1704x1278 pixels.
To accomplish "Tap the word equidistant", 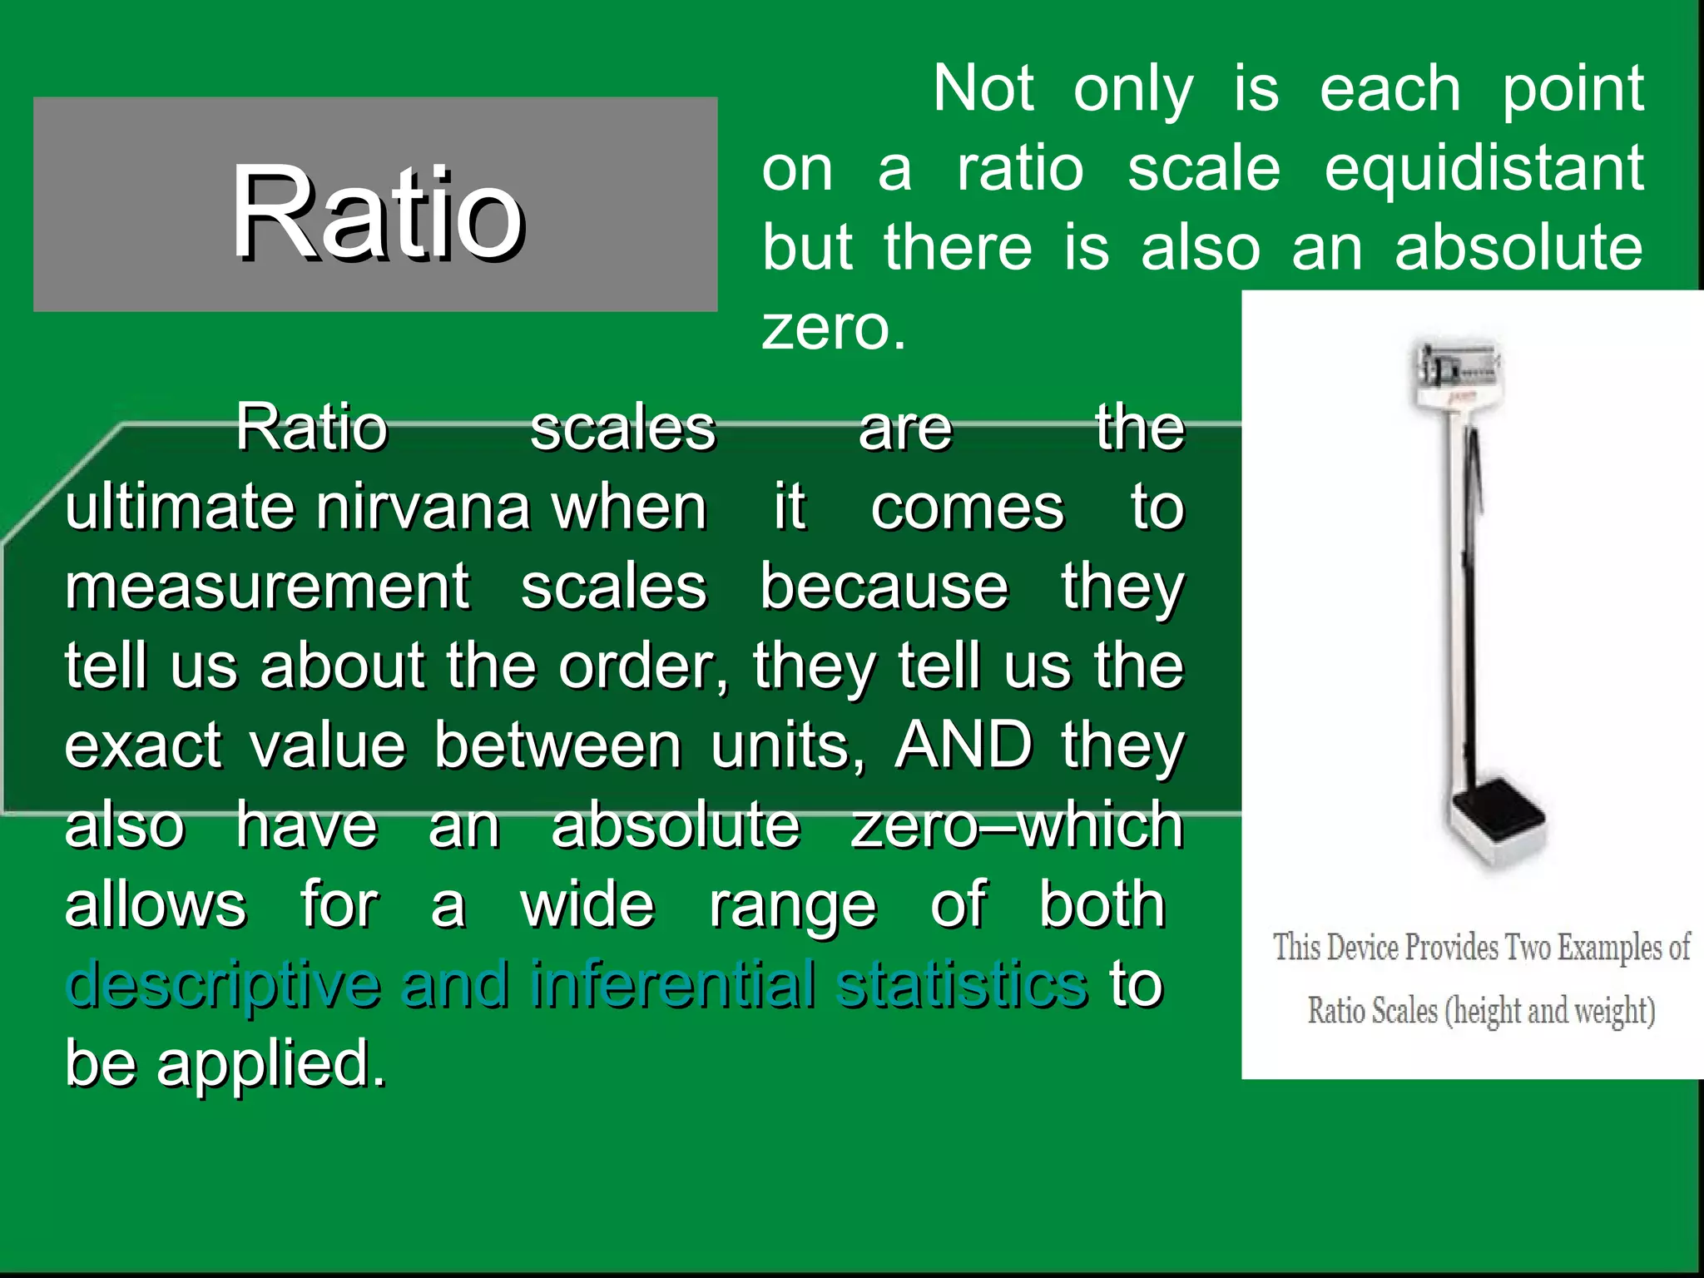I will click(x=1484, y=169).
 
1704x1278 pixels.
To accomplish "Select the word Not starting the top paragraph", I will click(x=983, y=89).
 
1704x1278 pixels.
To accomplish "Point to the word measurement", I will click(x=267, y=587).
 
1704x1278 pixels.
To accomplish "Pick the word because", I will click(x=884, y=587).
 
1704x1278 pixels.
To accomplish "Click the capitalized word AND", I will click(x=963, y=745).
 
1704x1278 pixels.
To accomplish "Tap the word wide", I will click(x=587, y=904).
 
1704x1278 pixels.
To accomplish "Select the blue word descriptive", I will click(x=223, y=985).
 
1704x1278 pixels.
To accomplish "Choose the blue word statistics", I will click(x=962, y=983).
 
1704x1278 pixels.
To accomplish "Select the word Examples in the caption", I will click(x=1609, y=948).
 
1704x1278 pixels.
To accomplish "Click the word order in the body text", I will click(x=641, y=666).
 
